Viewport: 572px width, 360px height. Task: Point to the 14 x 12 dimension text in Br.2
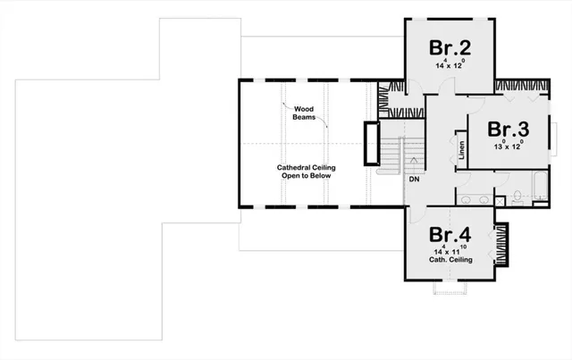tap(450, 66)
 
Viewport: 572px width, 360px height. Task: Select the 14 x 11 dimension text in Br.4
tap(450, 251)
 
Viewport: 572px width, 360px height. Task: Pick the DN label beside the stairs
tap(415, 180)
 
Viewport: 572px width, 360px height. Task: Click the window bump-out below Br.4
tap(450, 288)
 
